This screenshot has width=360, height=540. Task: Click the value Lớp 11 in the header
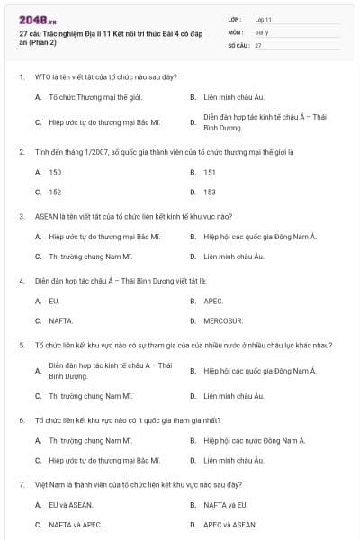(263, 18)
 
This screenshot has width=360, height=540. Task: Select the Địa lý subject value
(261, 31)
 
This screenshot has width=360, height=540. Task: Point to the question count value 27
(257, 43)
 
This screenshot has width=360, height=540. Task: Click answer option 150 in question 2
(55, 171)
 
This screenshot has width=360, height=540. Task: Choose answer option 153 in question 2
(210, 192)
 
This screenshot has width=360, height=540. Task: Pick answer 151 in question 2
(210, 171)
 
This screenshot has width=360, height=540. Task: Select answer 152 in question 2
(55, 192)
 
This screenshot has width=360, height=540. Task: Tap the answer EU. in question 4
(54, 301)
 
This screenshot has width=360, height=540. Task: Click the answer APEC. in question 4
(213, 301)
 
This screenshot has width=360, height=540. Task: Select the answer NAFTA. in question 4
(60, 320)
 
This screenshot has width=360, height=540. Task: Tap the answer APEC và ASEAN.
(229, 524)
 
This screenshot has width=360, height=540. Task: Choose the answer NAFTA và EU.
(225, 504)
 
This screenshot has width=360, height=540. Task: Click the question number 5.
(22, 345)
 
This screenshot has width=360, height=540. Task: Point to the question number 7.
(22, 484)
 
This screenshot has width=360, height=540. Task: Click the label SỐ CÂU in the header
(237, 43)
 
